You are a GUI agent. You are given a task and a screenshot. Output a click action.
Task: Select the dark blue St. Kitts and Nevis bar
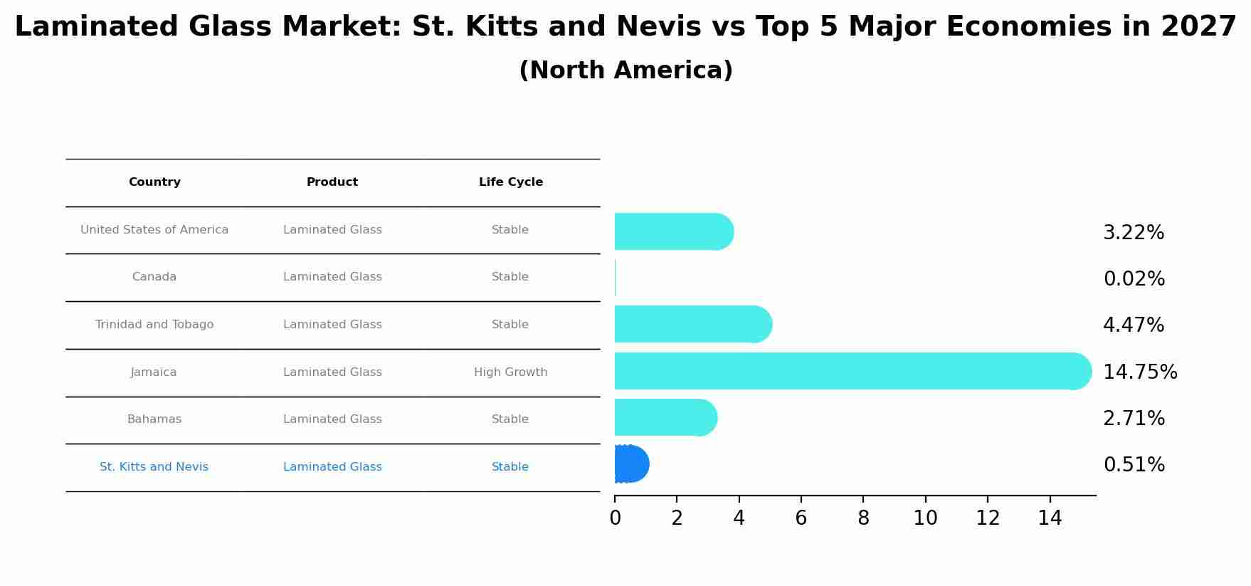pyautogui.click(x=630, y=464)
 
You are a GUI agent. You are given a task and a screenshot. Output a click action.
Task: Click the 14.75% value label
pyautogui.click(x=1140, y=372)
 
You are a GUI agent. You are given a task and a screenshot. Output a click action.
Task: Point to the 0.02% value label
pyautogui.click(x=1134, y=279)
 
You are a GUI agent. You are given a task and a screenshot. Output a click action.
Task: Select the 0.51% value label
pyautogui.click(x=1134, y=465)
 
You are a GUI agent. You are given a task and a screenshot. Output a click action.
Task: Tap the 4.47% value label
pyautogui.click(x=1134, y=325)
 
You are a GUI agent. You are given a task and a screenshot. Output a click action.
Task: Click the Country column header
pyautogui.click(x=154, y=182)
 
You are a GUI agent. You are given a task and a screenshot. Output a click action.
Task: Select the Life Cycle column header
pyautogui.click(x=511, y=182)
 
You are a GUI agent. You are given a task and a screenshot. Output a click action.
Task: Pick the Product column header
pyautogui.click(x=332, y=182)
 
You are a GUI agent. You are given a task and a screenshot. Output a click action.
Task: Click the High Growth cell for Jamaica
pyautogui.click(x=511, y=372)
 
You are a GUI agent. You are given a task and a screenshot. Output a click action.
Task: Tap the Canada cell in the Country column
pyautogui.click(x=154, y=277)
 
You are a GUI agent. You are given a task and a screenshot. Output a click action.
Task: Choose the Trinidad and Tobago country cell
pyautogui.click(x=154, y=325)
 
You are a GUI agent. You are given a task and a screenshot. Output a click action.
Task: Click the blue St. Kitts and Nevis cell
pyautogui.click(x=154, y=467)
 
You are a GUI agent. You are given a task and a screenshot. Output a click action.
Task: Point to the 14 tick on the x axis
pyautogui.click(x=1050, y=518)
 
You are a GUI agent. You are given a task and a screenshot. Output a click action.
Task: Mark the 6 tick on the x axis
pyautogui.click(x=801, y=518)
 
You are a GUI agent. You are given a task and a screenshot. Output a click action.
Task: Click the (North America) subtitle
pyautogui.click(x=625, y=70)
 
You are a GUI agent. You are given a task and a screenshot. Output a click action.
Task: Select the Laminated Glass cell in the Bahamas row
pyautogui.click(x=332, y=419)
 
